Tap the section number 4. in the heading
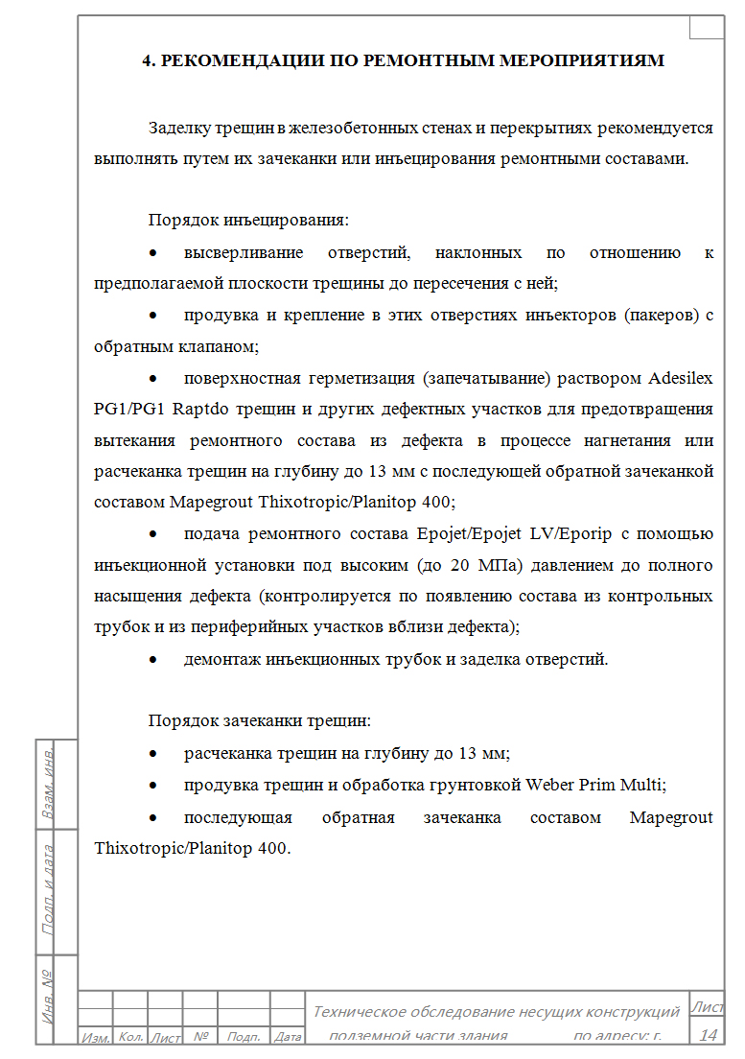[x=149, y=60]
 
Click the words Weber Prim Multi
[x=594, y=785]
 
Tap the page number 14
[x=709, y=1034]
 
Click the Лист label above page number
[x=708, y=1006]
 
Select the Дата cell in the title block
[x=288, y=1037]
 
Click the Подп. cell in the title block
[x=244, y=1037]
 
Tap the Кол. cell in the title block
[x=130, y=1037]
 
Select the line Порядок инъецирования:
[x=247, y=221]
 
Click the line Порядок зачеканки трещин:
[x=258, y=721]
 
